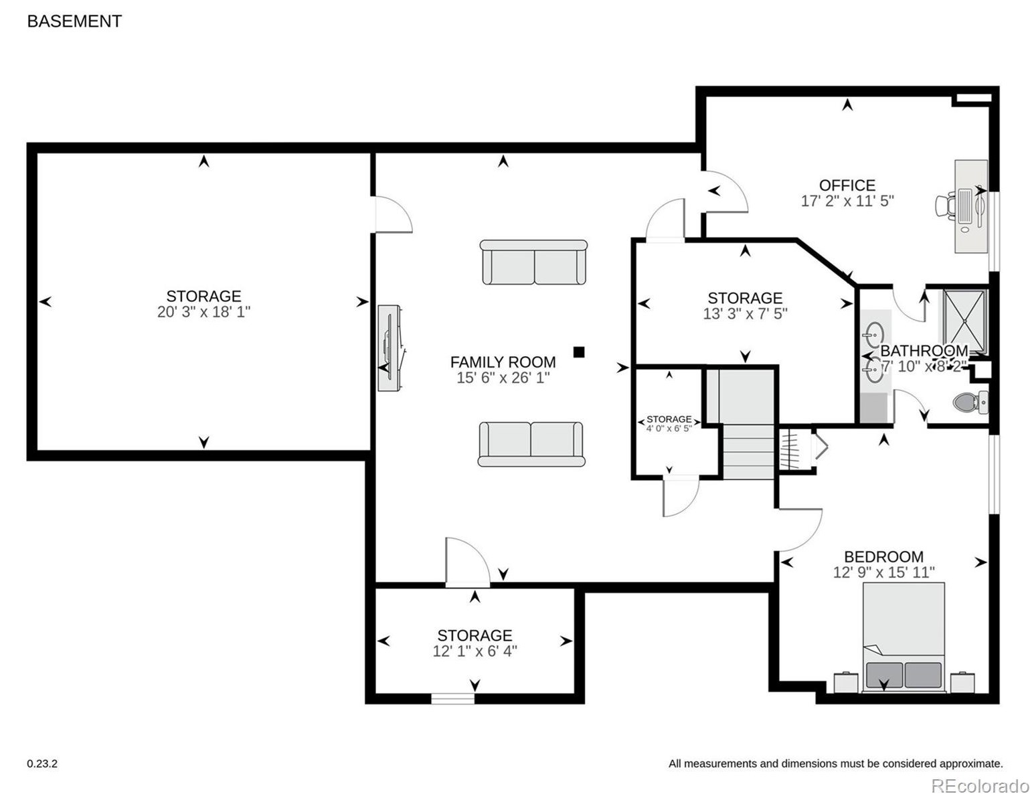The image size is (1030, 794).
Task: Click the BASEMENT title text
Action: [x=74, y=21]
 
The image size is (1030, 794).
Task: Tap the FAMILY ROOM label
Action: [x=503, y=362]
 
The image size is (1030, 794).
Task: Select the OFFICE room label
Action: [x=847, y=185]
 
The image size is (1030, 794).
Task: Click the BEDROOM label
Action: [x=883, y=556]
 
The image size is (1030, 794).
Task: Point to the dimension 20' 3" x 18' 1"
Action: [x=203, y=312]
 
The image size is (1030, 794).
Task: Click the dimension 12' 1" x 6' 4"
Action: [x=475, y=651]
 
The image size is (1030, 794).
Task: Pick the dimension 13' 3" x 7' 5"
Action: [x=745, y=314]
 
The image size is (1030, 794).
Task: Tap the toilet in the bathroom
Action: [x=969, y=402]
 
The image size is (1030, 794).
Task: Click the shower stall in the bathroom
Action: [x=964, y=321]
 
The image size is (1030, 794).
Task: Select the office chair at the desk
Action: [x=946, y=206]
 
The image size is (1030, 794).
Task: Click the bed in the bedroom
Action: [x=904, y=636]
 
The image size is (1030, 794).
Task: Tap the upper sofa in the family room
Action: [x=533, y=262]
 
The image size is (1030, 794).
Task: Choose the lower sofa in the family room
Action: [x=531, y=444]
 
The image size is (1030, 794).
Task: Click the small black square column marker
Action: [x=579, y=351]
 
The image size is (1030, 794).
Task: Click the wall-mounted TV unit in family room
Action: [x=390, y=347]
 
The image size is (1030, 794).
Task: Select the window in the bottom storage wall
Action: [x=452, y=699]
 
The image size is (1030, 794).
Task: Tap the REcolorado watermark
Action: [x=979, y=785]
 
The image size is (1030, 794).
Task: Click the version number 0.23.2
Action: [x=42, y=763]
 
